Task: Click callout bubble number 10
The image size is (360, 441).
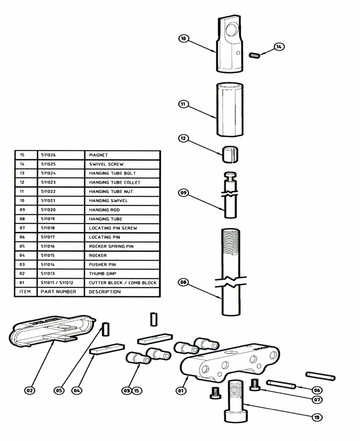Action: click(183, 39)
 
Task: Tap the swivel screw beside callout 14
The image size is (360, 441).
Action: click(254, 56)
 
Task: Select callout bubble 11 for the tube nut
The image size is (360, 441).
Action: click(183, 104)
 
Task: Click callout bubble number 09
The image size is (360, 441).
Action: click(183, 193)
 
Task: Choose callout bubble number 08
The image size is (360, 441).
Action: click(184, 282)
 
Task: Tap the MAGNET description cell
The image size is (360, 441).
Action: click(98, 155)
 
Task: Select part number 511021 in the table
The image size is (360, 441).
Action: click(48, 201)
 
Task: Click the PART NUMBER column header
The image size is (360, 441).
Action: click(58, 292)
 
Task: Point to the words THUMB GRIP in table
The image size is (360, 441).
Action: click(102, 274)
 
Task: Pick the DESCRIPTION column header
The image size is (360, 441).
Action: click(105, 292)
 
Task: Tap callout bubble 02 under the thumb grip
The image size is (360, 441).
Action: click(30, 390)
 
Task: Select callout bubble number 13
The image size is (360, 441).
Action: click(317, 417)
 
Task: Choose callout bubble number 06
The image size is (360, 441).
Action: click(317, 390)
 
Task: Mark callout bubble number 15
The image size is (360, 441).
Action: click(136, 390)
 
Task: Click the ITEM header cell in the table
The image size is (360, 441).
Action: click(25, 292)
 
